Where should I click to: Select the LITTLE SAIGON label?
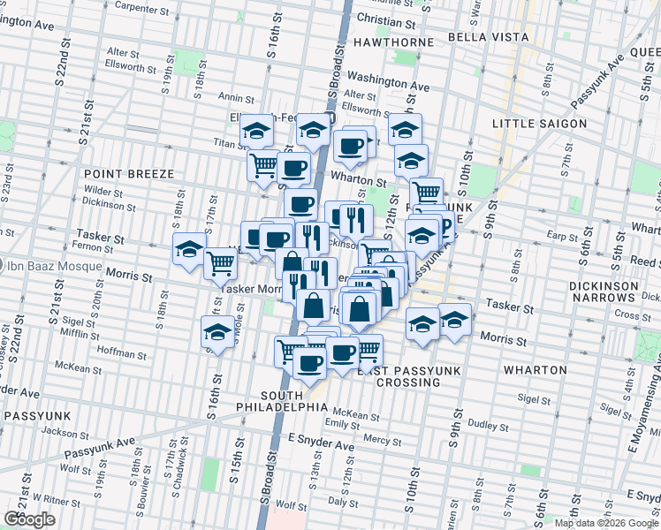pos(539,123)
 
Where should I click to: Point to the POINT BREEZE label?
pos(129,174)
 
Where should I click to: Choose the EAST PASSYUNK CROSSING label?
pos(409,377)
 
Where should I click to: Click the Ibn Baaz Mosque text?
pos(55,267)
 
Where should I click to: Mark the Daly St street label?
pos(341,500)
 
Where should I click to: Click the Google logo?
pos(29,519)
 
